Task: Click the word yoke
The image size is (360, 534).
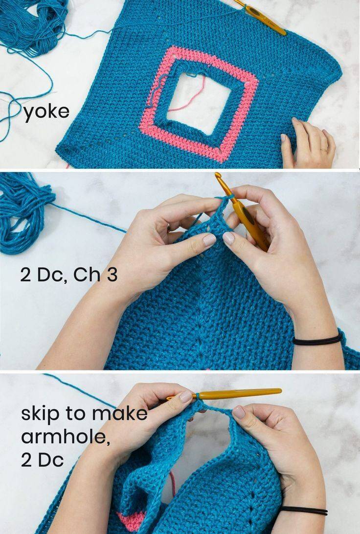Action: click(46, 112)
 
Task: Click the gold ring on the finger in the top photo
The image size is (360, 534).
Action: click(324, 149)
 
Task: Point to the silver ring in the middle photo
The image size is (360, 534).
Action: click(168, 228)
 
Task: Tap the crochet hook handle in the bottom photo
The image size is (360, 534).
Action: click(240, 394)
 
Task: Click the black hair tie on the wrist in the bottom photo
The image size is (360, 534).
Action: click(304, 510)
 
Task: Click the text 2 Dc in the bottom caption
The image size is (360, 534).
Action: click(42, 461)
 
